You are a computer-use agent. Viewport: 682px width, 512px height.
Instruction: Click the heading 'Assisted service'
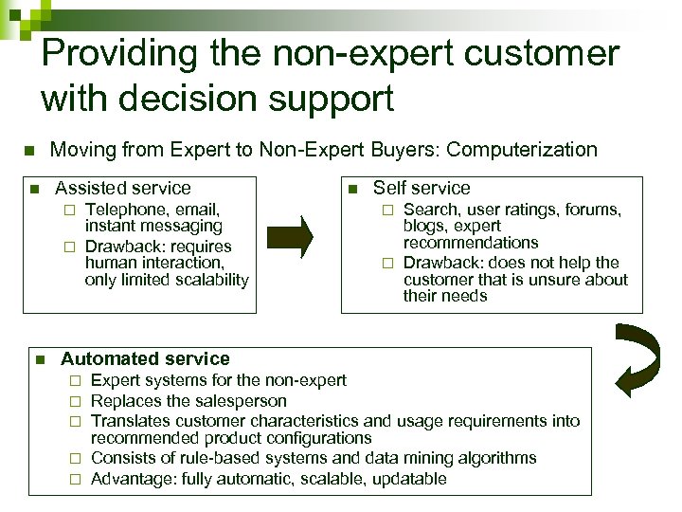tap(123, 189)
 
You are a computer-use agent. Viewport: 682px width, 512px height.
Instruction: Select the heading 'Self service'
tap(422, 189)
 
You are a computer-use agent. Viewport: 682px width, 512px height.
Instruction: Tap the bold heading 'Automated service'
tap(145, 359)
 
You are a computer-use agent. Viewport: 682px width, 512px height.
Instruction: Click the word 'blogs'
tap(425, 227)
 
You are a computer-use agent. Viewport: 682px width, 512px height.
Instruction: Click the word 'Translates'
tap(132, 420)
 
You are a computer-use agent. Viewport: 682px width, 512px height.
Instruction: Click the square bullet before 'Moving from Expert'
tap(28, 151)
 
